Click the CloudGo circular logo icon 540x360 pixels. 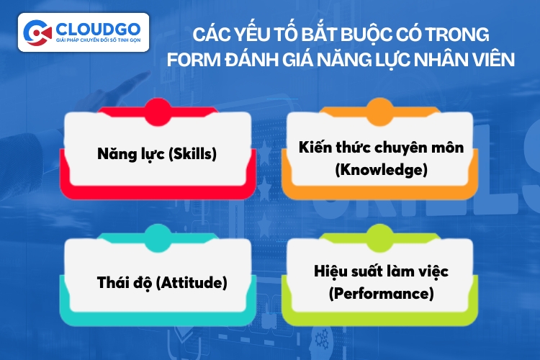click(37, 32)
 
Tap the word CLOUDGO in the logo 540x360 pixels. click(98, 30)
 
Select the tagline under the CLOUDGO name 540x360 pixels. click(98, 40)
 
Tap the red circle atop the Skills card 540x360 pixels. click(158, 112)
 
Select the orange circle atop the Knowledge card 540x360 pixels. click(379, 112)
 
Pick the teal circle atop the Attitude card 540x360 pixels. click(158, 238)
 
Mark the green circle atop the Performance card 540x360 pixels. click(379, 238)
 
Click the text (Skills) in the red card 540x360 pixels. click(192, 153)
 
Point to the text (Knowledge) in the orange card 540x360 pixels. click(381, 169)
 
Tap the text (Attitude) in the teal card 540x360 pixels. click(192, 282)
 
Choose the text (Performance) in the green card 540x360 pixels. click(381, 294)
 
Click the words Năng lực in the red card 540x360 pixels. click(131, 154)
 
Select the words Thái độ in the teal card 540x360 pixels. click(125, 283)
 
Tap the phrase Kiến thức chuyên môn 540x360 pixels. click(381, 147)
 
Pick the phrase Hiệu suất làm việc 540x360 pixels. click(381, 271)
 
